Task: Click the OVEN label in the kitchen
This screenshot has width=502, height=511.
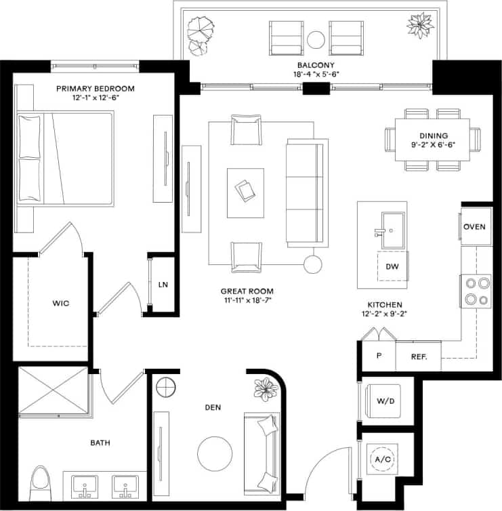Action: [x=475, y=226]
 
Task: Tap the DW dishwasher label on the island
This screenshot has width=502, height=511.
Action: [x=392, y=266]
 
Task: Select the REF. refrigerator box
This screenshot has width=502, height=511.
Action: [x=417, y=356]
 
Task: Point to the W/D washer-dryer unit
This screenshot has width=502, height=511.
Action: [x=385, y=401]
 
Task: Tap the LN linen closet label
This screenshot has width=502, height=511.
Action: [x=163, y=285]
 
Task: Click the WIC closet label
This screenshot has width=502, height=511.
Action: [x=60, y=303]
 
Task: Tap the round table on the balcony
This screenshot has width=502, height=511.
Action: [x=316, y=40]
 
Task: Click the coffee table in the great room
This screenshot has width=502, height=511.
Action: [x=245, y=192]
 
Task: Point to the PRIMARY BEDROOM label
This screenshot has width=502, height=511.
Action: [x=95, y=88]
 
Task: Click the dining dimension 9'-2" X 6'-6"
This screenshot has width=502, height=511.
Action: [x=434, y=144]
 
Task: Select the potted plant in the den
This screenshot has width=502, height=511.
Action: [x=264, y=389]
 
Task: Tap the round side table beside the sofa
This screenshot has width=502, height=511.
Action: [x=312, y=264]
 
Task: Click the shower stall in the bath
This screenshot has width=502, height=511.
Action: [x=53, y=390]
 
